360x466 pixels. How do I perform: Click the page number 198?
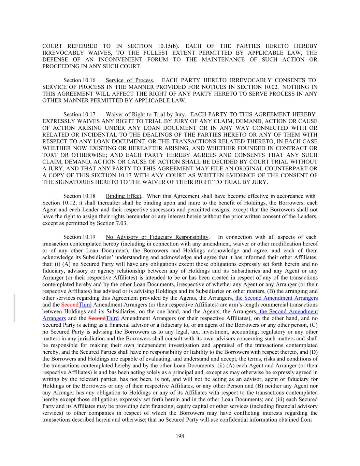[180, 436]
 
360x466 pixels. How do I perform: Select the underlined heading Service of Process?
[129, 80]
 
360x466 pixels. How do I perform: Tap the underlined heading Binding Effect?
[123, 196]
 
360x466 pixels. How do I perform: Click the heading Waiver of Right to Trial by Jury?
[145, 114]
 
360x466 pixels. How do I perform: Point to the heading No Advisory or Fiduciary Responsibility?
[157, 237]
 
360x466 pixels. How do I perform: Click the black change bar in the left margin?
[14, 308]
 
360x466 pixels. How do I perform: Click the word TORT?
[49, 155]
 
